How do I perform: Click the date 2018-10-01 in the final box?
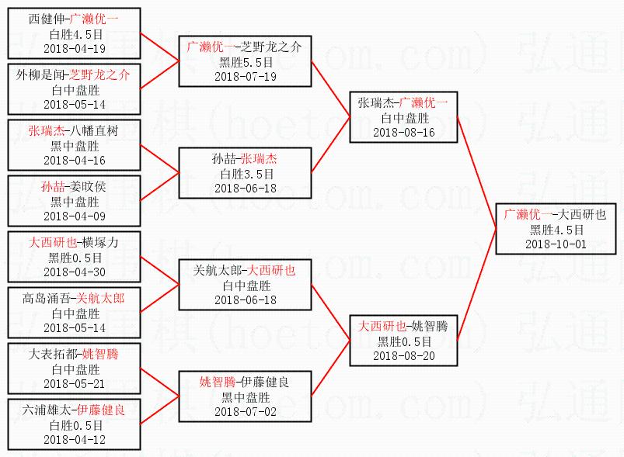[x=555, y=244]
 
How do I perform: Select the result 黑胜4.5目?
[x=555, y=230]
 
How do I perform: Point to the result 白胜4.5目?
[x=75, y=33]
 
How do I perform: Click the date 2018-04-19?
[x=75, y=48]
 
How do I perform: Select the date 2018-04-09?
[x=75, y=216]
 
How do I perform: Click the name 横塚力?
[x=100, y=242]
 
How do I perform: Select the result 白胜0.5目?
[x=75, y=424]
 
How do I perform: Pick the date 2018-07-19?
[x=246, y=76]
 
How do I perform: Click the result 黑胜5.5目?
[x=246, y=61]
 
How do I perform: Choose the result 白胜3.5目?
[x=246, y=173]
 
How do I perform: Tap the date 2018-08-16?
[x=404, y=132]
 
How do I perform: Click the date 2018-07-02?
[x=246, y=411]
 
